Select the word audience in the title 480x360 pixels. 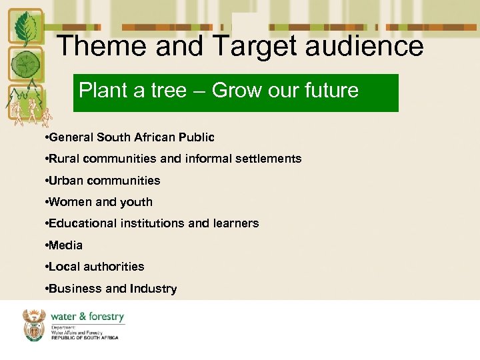372,47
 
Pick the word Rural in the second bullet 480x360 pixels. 64,159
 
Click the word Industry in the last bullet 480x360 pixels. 153,289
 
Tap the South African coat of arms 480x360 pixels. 34,325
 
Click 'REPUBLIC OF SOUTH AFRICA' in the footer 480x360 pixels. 85,338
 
